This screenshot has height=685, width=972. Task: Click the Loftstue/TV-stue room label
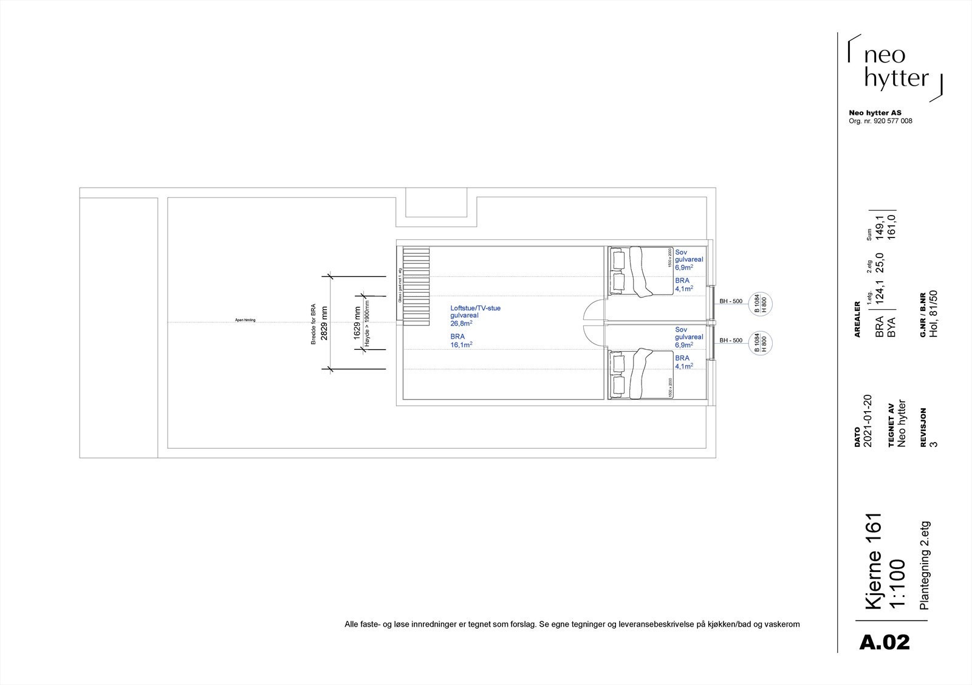coord(475,308)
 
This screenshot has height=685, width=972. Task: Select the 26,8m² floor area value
coord(461,324)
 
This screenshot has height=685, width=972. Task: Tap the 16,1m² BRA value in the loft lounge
coord(462,344)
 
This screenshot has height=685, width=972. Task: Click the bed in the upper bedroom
coord(641,271)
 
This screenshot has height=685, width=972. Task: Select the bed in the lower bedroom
coord(641,374)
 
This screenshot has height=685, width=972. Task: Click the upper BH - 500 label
coord(731,301)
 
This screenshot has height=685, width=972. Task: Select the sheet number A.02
coord(885,642)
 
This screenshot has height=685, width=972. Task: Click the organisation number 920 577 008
coord(892,121)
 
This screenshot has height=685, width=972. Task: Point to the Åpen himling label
coord(245,320)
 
